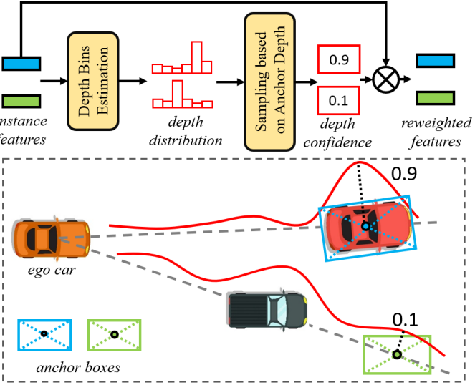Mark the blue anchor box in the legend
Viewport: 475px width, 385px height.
coord(44,334)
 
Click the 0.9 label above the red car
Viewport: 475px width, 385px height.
coord(403,174)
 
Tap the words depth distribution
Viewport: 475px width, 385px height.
coord(186,132)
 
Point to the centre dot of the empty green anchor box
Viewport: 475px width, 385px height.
coord(396,354)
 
